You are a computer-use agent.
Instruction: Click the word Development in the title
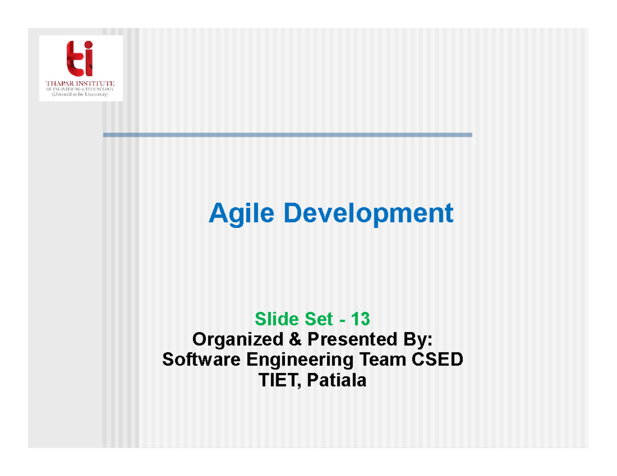[368, 213]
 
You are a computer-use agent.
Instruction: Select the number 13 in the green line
[360, 319]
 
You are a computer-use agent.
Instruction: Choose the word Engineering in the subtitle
[297, 360]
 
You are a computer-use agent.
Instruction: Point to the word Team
[378, 360]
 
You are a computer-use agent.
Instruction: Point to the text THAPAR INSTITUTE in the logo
[81, 83]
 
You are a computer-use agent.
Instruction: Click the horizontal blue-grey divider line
[287, 135]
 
